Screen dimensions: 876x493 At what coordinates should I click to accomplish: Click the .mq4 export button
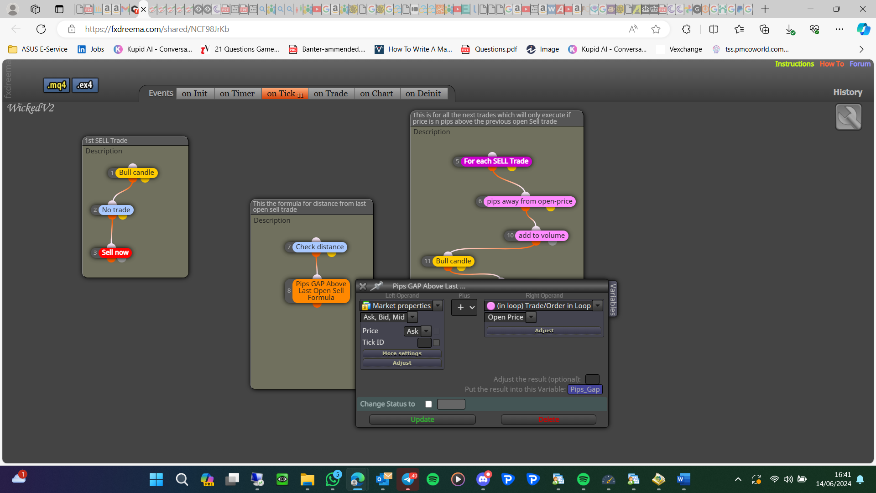click(x=57, y=85)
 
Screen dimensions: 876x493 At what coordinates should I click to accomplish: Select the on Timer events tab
click(x=237, y=94)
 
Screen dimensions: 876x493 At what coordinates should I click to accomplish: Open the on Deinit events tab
click(x=423, y=94)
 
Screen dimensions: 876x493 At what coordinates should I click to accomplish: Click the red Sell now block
click(x=115, y=252)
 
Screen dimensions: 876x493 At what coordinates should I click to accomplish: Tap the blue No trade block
click(x=116, y=210)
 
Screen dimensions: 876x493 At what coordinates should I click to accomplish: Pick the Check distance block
click(x=319, y=247)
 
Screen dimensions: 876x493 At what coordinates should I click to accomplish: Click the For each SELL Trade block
click(x=496, y=161)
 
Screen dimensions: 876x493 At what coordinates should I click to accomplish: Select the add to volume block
click(x=542, y=236)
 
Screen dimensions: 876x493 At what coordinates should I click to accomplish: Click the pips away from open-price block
click(x=529, y=201)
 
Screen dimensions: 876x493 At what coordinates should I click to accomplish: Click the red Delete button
click(x=548, y=420)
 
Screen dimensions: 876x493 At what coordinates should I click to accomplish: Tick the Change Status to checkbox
click(x=428, y=404)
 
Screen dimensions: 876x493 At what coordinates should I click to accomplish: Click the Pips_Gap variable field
click(x=585, y=389)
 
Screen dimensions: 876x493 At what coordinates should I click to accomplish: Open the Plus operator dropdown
click(x=464, y=307)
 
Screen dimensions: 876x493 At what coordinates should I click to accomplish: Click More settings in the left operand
click(x=402, y=353)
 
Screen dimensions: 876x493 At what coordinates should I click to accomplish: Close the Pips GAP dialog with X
click(x=363, y=286)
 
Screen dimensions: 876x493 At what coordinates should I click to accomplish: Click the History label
click(x=848, y=92)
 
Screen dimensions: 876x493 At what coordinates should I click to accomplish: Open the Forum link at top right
click(x=860, y=64)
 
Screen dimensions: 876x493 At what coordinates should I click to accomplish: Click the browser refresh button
click(x=41, y=29)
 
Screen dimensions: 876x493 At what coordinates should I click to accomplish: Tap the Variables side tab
click(x=613, y=299)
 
